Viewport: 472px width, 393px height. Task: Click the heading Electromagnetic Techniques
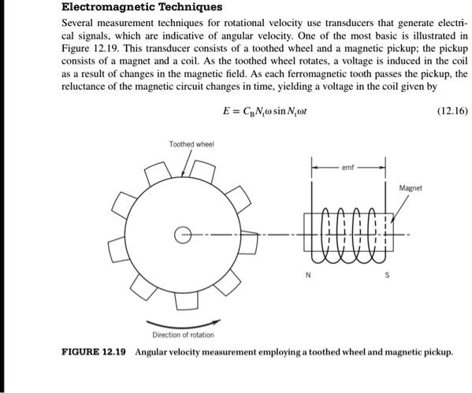pos(142,8)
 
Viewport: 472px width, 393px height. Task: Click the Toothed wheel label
pos(191,144)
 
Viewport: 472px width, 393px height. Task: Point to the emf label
pos(349,167)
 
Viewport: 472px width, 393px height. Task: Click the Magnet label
pos(411,188)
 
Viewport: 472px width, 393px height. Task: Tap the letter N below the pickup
pos(309,275)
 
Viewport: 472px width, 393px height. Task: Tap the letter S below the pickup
pos(387,275)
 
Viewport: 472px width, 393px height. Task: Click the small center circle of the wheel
pos(183,234)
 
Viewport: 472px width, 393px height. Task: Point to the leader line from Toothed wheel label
pos(188,163)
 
